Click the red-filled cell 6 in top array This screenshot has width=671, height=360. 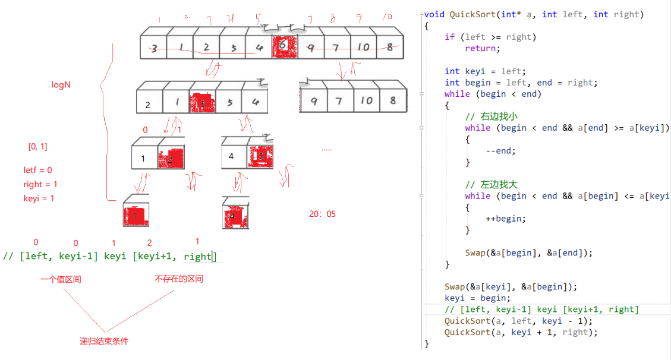point(284,47)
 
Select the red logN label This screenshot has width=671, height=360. point(61,85)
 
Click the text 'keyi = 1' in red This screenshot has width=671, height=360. point(39,198)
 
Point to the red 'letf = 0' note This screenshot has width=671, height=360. point(38,170)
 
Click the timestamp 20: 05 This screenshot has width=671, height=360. point(322,214)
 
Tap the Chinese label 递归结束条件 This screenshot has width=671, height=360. point(104,341)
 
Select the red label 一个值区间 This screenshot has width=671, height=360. point(61,279)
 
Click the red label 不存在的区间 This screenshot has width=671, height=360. point(179,279)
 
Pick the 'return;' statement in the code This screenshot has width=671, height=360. point(483,48)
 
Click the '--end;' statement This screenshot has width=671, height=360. point(500,150)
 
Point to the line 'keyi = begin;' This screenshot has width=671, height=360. point(477,298)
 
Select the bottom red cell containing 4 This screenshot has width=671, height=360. point(235,216)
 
